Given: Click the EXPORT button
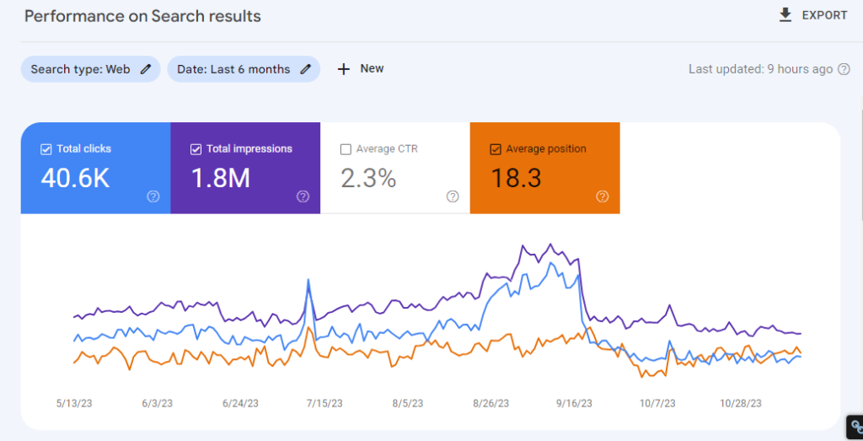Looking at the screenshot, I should pos(812,15).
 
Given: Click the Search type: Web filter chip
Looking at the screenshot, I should pos(90,69).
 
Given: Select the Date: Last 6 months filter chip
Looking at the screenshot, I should pos(244,69).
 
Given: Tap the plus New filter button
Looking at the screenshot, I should pos(361,69).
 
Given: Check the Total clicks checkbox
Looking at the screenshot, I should pos(46,149).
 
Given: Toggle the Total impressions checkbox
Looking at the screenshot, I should pos(196,149).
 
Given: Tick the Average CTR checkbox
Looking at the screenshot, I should pos(346,149).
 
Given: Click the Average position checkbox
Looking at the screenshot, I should pos(496,149).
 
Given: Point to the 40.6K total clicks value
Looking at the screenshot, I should pos(75,179).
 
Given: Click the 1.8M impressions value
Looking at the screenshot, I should pos(222,179).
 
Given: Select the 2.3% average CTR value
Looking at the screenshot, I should pos(367,179).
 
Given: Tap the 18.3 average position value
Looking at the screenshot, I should pos(516,179).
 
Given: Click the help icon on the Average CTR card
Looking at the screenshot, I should pos(453,196).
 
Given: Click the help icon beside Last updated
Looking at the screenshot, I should pos(844,69).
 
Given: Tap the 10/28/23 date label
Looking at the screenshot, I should pos(742,404).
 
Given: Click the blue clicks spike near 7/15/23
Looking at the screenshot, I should pos(309,281).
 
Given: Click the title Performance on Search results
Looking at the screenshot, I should pos(142,16).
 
